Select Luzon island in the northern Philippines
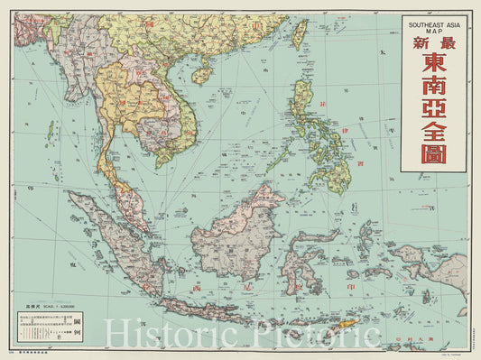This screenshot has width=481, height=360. click(x=303, y=104)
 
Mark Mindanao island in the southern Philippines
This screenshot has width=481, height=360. click(x=337, y=172)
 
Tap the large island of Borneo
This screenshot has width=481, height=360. click(x=244, y=235)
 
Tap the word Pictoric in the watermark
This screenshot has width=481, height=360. click(x=316, y=336)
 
